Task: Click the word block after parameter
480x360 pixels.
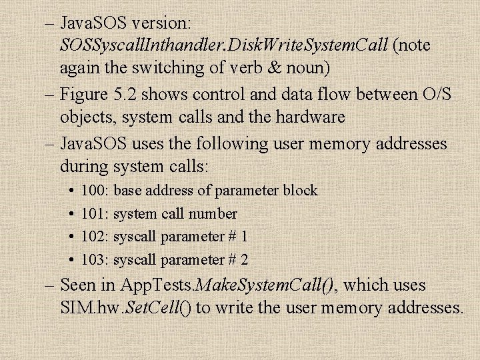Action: tap(300, 191)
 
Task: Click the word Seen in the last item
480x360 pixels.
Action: tap(79, 285)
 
